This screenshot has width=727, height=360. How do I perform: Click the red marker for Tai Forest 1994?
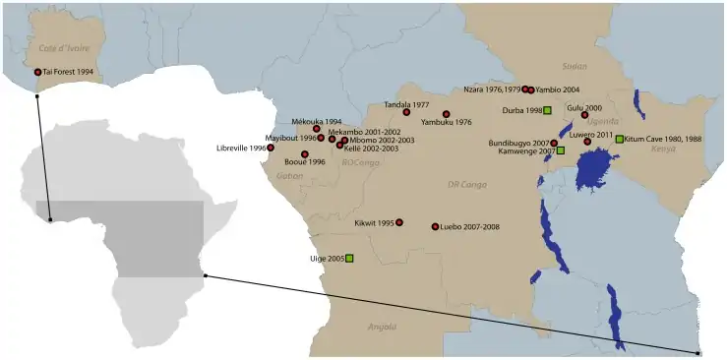point(37,72)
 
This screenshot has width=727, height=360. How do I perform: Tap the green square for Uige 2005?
point(349,259)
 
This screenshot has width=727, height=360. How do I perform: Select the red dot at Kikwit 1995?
point(399,222)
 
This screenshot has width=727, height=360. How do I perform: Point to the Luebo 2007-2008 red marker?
point(435,226)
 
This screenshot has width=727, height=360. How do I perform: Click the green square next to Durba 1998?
point(547,110)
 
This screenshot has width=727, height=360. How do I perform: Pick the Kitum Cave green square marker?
point(619,139)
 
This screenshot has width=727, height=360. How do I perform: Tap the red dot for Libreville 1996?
point(271,148)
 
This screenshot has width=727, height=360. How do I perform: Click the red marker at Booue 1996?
point(305,154)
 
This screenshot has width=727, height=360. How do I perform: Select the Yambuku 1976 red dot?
point(446,114)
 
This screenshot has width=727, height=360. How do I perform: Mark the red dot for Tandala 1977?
point(406,112)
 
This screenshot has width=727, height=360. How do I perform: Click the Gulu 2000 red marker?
point(584,115)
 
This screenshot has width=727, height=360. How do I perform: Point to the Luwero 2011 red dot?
point(587,142)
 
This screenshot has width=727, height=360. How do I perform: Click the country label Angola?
point(381,326)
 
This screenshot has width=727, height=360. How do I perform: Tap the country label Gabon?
point(290,176)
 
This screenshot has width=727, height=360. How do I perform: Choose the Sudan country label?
point(573,66)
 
